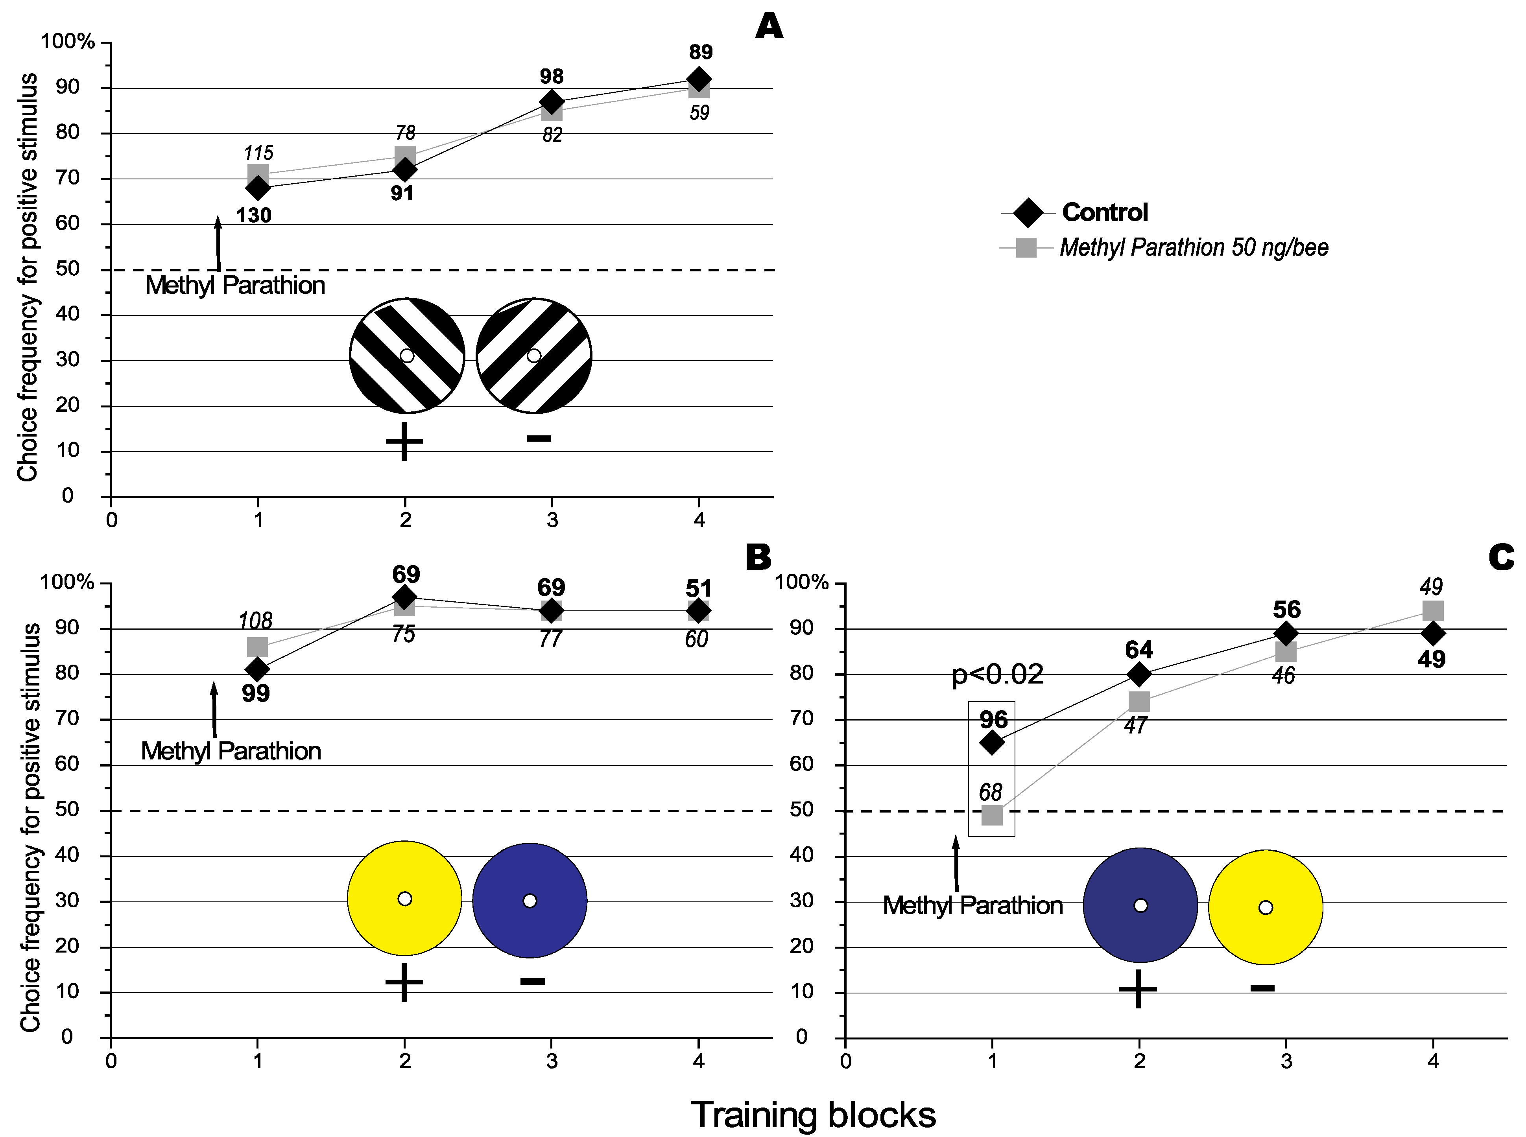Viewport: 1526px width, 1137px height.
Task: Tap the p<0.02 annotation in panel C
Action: (997, 674)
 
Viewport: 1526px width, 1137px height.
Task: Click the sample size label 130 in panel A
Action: (253, 216)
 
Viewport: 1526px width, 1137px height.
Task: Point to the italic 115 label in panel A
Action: (258, 153)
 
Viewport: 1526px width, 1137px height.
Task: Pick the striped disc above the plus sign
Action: (407, 356)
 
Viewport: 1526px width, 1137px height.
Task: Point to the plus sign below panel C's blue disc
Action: (1138, 989)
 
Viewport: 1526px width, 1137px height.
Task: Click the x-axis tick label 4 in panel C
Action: (1433, 1061)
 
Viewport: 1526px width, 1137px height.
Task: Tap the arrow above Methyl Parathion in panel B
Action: (214, 709)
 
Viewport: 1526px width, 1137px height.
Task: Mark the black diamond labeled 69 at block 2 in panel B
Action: (405, 596)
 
